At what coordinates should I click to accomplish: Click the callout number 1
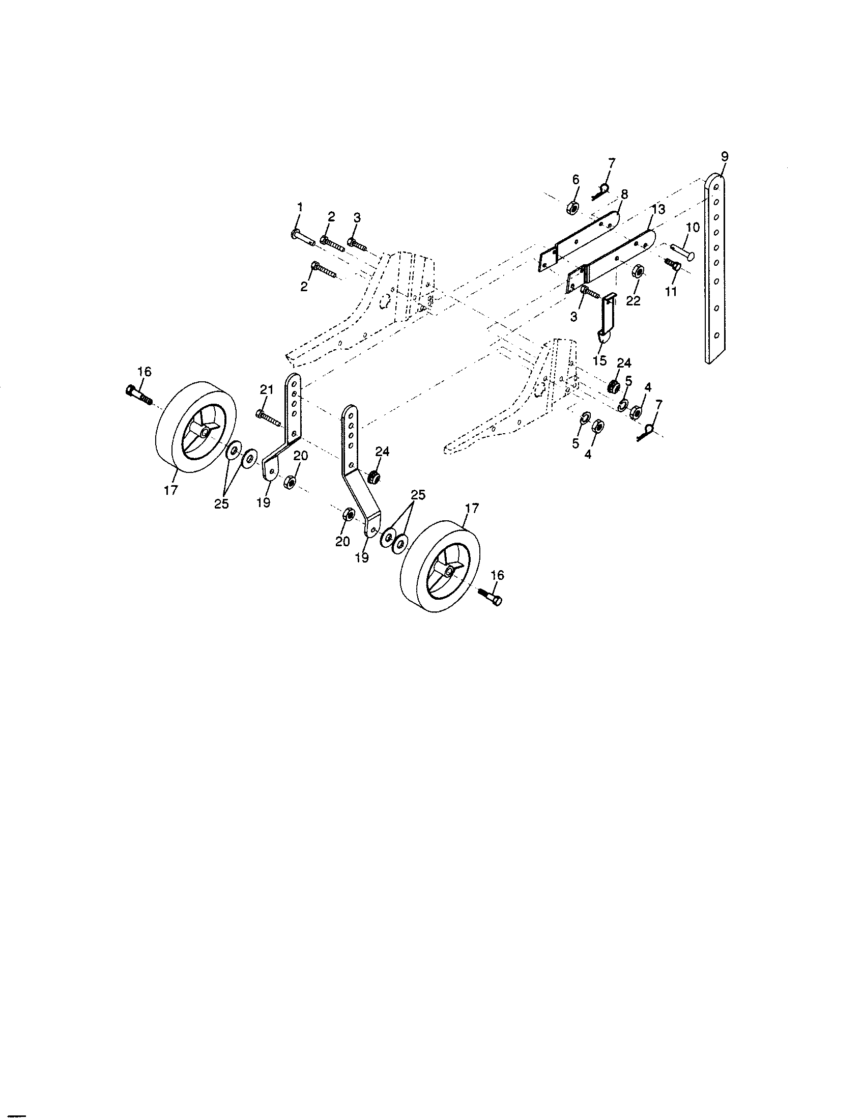(x=300, y=207)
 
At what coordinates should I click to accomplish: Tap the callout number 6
(x=575, y=180)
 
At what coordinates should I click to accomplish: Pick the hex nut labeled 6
(x=572, y=208)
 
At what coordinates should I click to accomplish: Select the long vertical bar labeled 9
(x=715, y=269)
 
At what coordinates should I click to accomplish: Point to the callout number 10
(x=693, y=228)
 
